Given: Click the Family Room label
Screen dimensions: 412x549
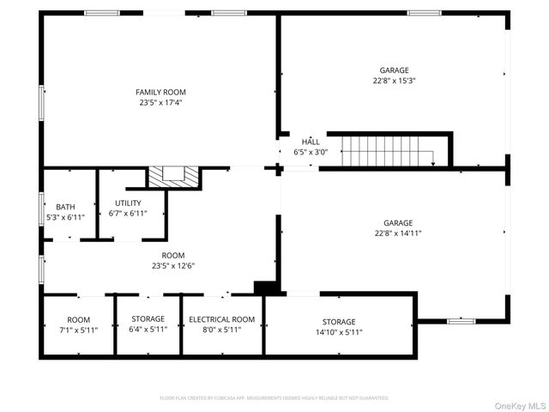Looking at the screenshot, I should coord(160,92).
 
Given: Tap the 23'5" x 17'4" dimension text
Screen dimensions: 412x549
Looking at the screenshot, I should coord(160,102).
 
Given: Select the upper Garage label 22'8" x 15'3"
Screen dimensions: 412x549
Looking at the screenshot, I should coord(395,76).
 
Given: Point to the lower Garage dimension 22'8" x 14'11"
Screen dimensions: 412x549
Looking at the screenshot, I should coord(398,233).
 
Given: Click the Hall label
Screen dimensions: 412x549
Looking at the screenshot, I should coord(311,142).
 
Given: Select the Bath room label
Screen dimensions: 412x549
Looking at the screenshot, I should coord(65,207).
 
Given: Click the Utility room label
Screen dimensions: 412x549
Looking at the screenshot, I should coord(128,203).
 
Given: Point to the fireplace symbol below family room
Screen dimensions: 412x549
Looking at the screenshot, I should coord(174,176).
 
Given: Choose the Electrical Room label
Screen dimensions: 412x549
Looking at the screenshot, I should coord(221,319).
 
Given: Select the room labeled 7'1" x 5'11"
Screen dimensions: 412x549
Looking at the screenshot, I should coord(78,324).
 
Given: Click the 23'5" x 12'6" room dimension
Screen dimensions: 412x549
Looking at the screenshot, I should coord(173,265).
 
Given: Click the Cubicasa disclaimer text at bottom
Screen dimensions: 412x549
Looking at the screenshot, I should coord(274,398).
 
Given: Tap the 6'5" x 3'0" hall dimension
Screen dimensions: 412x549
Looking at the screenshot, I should coord(311,152).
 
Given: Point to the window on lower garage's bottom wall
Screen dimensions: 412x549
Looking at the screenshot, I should coord(461,321).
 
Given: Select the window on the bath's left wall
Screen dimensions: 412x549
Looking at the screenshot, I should coord(42,208).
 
